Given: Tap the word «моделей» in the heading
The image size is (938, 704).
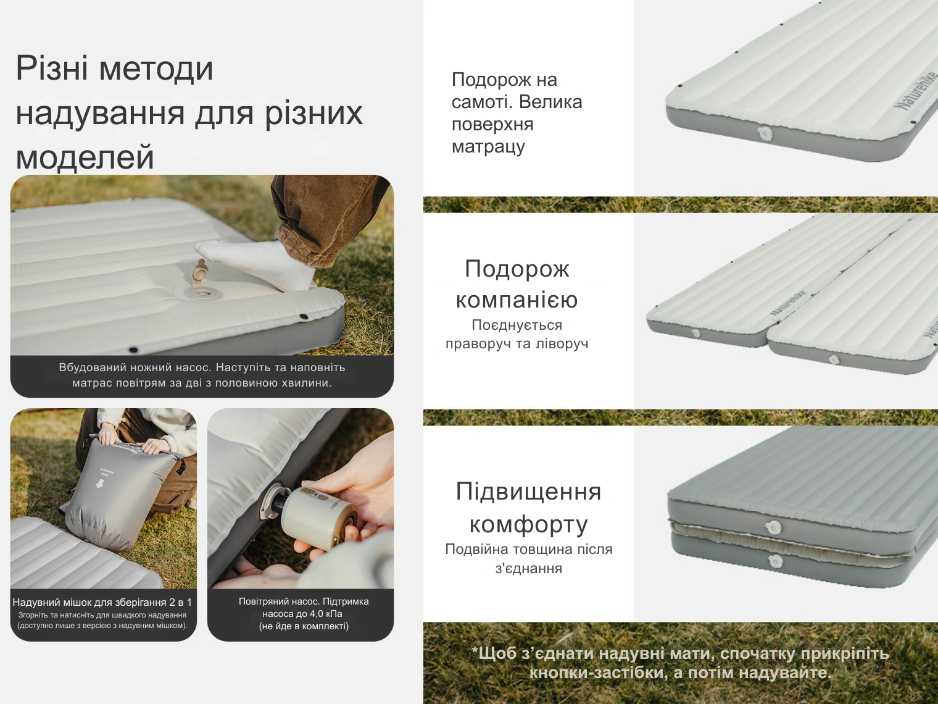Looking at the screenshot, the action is (x=85, y=157).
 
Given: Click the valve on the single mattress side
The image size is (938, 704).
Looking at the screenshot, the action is (x=765, y=133).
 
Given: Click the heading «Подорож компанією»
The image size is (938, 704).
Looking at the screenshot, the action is (x=517, y=284).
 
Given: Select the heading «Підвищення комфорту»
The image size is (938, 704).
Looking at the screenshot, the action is (x=529, y=508).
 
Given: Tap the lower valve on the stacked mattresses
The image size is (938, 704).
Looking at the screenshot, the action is (x=776, y=561).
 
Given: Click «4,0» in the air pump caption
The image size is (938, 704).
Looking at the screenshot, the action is (x=307, y=614).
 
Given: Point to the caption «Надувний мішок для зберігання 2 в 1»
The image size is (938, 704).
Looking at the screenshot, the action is (x=102, y=602).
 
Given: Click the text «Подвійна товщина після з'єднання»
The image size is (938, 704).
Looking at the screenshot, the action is (x=529, y=559).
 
